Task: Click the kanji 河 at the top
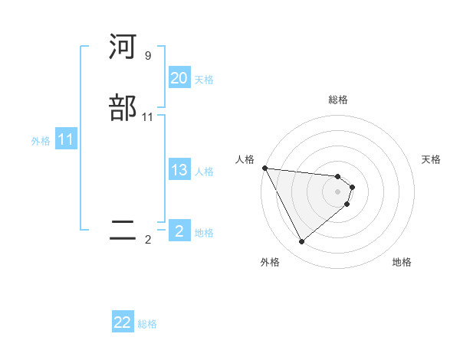tap(123, 48)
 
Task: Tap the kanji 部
tap(123, 108)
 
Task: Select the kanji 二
tap(123, 231)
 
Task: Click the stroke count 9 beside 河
tap(148, 56)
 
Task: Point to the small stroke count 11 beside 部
tap(148, 117)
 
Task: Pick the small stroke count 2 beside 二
tap(148, 240)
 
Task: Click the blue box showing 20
tap(179, 78)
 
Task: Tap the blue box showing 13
tap(179, 170)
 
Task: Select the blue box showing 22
tap(123, 322)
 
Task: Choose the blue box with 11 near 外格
tap(65, 139)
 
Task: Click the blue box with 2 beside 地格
tap(179, 231)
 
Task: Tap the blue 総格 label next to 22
tap(147, 324)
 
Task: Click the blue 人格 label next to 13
tap(204, 172)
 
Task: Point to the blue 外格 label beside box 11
tap(41, 141)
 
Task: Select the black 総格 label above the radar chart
tap(338, 100)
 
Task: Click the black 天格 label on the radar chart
tap(432, 159)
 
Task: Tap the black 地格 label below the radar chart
tap(402, 263)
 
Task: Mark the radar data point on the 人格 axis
tap(264, 168)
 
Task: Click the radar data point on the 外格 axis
tap(302, 242)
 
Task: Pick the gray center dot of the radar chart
tap(338, 191)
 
